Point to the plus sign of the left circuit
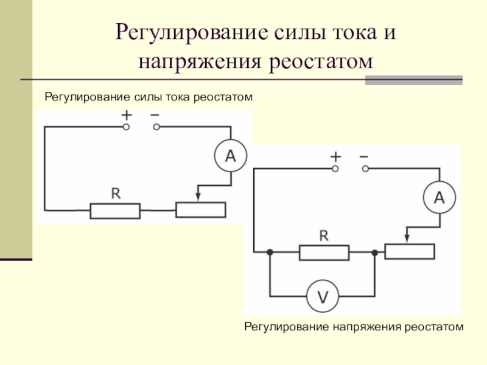click(127, 115)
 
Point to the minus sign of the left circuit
click(155, 116)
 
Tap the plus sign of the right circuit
click(335, 157)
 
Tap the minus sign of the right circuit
click(363, 157)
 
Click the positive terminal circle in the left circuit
click(126, 127)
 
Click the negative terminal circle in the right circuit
click(366, 169)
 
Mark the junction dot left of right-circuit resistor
click(270, 252)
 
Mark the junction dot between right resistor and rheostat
click(375, 252)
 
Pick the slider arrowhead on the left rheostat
click(198, 197)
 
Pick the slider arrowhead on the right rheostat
click(407, 238)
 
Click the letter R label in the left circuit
click(116, 193)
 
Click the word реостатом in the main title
click(321, 61)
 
